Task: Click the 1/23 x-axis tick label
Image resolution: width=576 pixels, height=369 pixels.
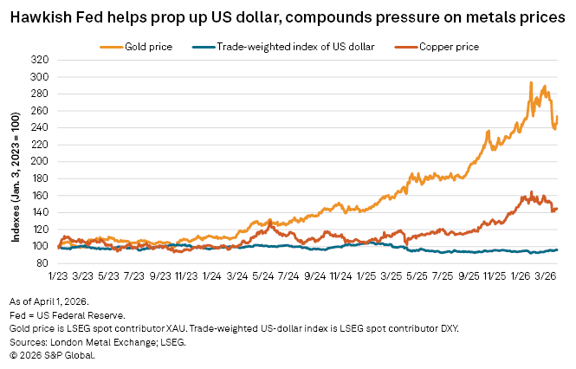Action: [58, 275]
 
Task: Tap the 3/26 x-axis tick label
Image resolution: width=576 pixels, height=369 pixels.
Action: [546, 275]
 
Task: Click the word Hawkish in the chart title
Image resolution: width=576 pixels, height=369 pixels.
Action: [37, 16]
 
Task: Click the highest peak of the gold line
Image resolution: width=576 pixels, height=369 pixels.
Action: [530, 82]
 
